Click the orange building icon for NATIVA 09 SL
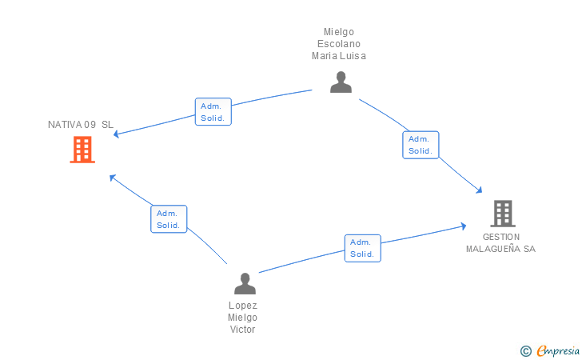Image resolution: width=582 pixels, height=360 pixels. [82, 150]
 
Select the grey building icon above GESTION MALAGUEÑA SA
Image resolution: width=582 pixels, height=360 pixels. [503, 214]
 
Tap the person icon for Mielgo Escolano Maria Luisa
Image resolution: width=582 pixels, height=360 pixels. [341, 82]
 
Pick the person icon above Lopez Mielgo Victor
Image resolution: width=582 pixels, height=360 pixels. [245, 284]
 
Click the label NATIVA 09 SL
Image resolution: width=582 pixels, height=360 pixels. [81, 125]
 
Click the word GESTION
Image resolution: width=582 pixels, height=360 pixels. [501, 237]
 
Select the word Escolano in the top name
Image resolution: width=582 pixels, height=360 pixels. [339, 44]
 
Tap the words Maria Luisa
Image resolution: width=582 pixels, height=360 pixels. [339, 56]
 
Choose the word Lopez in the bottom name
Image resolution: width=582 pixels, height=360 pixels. [243, 306]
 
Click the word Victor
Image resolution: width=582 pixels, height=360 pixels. [243, 329]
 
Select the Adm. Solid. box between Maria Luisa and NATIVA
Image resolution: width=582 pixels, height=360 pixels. [213, 112]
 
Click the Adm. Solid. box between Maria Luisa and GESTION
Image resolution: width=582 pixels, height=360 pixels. [421, 145]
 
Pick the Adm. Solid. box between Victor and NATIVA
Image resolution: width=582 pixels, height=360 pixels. [169, 219]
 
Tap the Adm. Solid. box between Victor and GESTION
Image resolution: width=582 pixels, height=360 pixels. [363, 248]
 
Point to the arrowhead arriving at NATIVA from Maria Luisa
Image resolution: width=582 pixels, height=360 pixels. [116, 134]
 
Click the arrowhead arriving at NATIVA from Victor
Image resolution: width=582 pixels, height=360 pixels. [112, 178]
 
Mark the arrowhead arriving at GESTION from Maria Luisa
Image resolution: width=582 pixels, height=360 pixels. [479, 190]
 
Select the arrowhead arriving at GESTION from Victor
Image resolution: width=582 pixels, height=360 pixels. [464, 226]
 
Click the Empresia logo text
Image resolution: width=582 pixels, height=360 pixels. [558, 350]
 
